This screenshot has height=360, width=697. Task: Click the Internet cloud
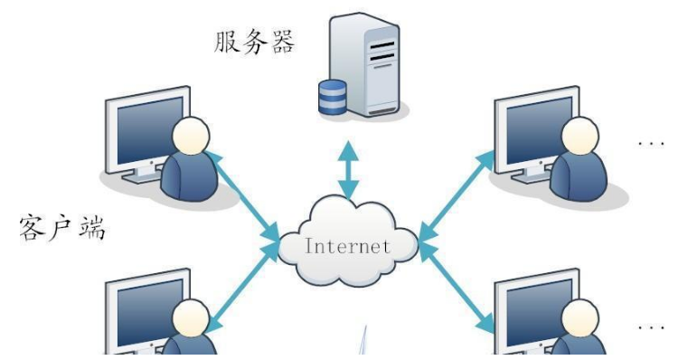[348, 242]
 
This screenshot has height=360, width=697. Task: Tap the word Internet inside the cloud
[348, 245]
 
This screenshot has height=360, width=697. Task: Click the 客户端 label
[64, 227]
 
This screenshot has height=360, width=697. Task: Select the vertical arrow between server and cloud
[349, 170]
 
